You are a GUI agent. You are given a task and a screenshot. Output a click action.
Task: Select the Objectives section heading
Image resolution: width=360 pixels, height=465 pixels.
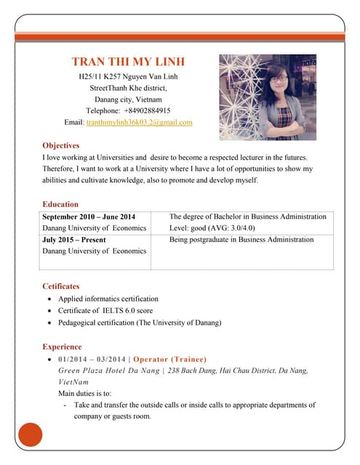point(60,145)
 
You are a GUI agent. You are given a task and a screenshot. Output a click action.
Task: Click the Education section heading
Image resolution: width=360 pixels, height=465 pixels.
point(60,204)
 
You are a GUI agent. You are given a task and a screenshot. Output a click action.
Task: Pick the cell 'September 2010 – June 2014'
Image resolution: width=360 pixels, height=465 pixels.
point(89,217)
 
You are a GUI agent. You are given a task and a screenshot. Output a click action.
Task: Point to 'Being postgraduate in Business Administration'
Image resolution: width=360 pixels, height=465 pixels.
point(241,240)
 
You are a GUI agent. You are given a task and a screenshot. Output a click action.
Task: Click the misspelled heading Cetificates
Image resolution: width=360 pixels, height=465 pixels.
point(61,286)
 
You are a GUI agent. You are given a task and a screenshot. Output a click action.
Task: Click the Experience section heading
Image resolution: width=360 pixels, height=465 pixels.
point(62,347)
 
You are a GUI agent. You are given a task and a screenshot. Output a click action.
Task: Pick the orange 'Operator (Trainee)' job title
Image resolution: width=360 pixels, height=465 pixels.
point(169,360)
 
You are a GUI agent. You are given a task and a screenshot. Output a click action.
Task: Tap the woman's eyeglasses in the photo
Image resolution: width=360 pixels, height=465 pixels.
point(280,78)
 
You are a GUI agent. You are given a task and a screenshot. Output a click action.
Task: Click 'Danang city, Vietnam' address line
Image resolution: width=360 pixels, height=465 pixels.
point(128,99)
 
